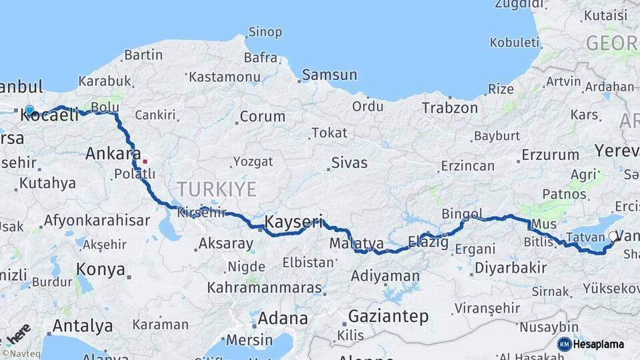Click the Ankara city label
click(x=113, y=154)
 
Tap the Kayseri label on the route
click(x=294, y=221)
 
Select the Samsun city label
click(x=329, y=75)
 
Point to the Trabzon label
click(x=449, y=107)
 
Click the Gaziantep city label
click(x=388, y=316)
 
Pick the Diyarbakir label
click(x=509, y=269)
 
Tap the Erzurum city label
click(x=550, y=155)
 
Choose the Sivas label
click(x=349, y=162)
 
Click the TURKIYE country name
click(x=217, y=189)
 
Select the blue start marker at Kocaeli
click(x=29, y=110)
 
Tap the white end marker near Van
click(x=613, y=236)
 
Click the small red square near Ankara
click(x=145, y=161)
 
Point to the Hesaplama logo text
click(x=599, y=344)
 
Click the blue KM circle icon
click(x=564, y=344)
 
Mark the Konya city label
click(x=101, y=269)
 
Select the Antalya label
click(x=82, y=326)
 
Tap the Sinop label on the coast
click(x=265, y=32)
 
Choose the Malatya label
click(x=357, y=243)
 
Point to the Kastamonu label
click(x=224, y=77)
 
